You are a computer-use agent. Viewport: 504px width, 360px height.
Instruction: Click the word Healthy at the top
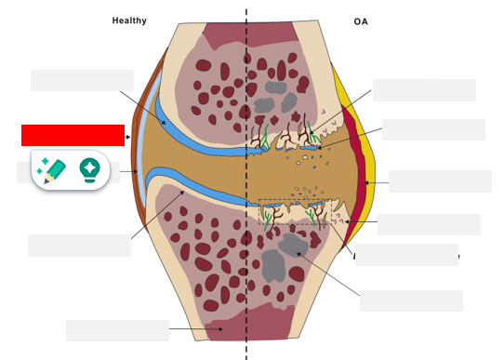click(129, 20)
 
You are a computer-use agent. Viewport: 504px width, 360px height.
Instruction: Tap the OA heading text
click(361, 21)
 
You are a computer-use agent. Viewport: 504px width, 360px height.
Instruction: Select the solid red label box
click(73, 136)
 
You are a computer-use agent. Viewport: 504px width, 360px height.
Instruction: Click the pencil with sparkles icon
click(52, 168)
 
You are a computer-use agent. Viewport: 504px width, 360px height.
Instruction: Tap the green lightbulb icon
click(89, 168)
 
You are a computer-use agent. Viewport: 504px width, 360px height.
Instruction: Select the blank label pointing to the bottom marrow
click(117, 330)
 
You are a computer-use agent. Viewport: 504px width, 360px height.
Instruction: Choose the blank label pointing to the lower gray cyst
click(411, 300)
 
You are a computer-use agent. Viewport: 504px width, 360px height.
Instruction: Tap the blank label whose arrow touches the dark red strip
click(440, 181)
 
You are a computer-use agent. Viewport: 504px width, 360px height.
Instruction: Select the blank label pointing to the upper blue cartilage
click(82, 81)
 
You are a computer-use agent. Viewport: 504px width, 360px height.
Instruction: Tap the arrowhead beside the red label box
click(129, 137)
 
